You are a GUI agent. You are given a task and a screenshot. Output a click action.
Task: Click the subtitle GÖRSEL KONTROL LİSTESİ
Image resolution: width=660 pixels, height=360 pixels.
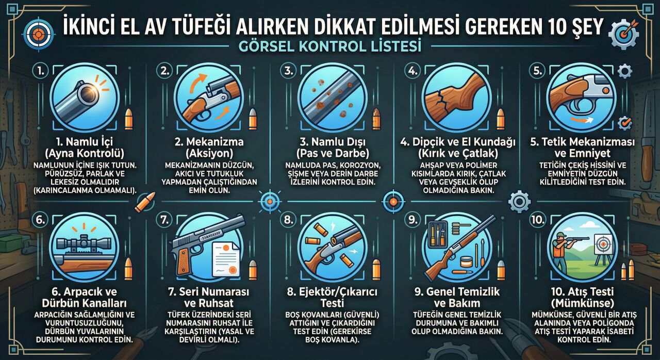pos(330,46)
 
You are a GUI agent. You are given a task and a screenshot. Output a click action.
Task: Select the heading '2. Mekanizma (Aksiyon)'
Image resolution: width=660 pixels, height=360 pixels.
pos(208,147)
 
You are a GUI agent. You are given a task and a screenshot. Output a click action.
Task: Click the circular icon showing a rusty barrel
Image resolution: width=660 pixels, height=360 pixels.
pos(332,96)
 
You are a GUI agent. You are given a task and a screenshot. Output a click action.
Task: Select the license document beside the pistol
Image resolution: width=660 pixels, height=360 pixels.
pos(226,258)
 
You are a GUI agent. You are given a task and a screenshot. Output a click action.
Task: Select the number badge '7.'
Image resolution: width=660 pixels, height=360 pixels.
pos(164,220)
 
